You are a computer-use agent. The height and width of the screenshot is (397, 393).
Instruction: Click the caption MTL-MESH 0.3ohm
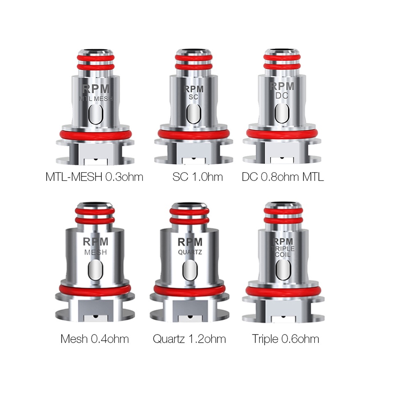94,177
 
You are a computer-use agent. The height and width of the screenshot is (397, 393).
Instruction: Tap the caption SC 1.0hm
198,177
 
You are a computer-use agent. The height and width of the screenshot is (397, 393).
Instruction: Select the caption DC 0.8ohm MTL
283,177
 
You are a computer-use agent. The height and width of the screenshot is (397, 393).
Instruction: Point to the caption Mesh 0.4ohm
94,339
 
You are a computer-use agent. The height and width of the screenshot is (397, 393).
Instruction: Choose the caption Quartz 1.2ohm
189,339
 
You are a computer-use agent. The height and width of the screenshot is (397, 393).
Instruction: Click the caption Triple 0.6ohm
286,339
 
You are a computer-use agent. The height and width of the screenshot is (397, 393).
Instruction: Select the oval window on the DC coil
282,112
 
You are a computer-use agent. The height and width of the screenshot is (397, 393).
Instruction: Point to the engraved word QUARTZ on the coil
190,252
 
